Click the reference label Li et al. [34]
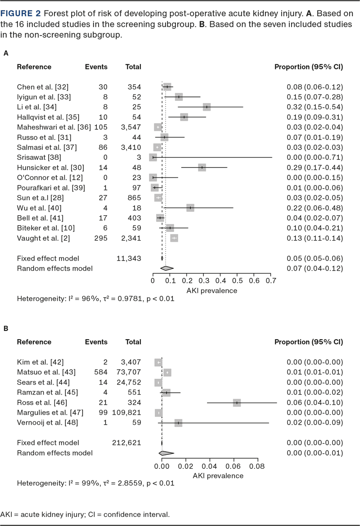coord(34,107)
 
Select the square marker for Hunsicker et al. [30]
coord(202,167)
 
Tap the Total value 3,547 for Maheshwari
coord(128,127)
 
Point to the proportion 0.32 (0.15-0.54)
coord(315,107)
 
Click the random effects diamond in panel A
coord(164,268)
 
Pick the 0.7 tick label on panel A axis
coord(271,281)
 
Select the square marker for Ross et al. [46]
coord(237,403)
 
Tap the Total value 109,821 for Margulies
coord(126,413)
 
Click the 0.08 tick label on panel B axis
coord(257,466)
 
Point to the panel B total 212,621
coord(126,443)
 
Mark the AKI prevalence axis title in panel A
coord(211,290)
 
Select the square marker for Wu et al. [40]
coord(190,208)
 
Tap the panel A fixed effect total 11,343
coord(129,258)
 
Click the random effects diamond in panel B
coord(166,453)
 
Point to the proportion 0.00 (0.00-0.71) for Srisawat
coord(315,157)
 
